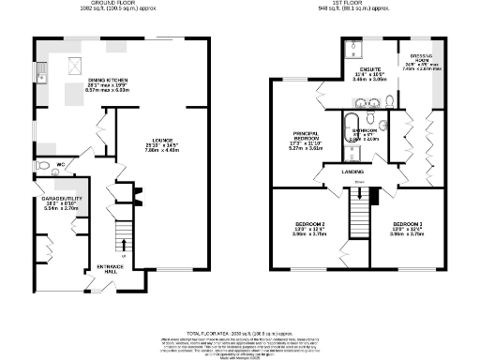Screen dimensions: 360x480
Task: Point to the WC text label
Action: [60, 167]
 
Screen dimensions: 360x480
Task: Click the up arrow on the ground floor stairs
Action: [123, 245]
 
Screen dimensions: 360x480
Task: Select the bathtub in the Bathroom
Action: [349, 127]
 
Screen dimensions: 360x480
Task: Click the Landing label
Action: [352, 173]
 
